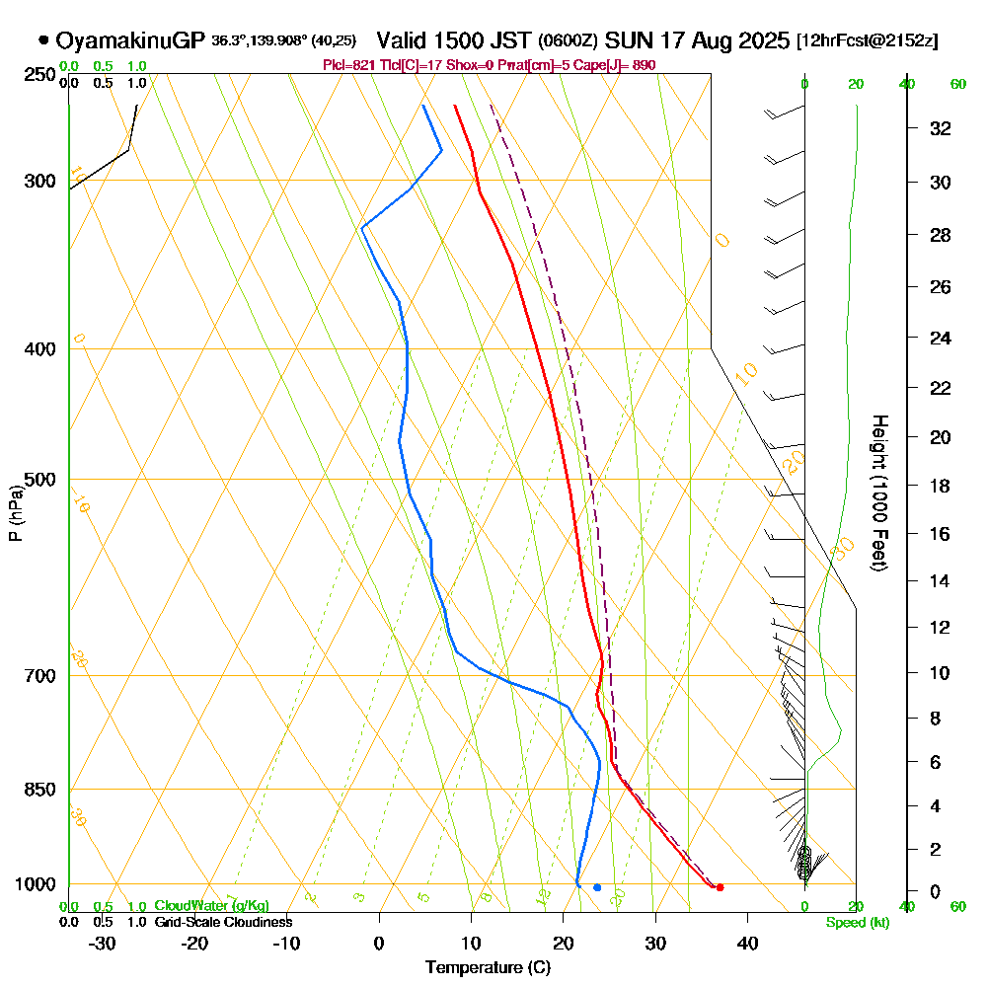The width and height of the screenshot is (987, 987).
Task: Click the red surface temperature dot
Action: click(x=720, y=887)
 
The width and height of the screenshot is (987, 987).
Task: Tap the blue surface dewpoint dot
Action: click(x=597, y=887)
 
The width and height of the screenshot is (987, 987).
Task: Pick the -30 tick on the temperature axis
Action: click(x=103, y=943)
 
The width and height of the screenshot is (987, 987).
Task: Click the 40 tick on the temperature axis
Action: click(x=747, y=943)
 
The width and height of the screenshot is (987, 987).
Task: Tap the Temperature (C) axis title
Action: click(x=488, y=967)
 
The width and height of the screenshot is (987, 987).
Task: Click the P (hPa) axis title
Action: click(x=15, y=513)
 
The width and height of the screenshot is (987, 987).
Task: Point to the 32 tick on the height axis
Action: click(x=940, y=128)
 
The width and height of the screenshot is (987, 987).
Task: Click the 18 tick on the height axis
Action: click(x=940, y=486)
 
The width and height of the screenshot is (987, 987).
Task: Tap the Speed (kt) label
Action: click(x=857, y=923)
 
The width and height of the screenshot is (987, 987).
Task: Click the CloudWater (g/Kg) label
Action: click(x=211, y=906)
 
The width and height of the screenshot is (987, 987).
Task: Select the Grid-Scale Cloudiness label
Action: click(x=223, y=922)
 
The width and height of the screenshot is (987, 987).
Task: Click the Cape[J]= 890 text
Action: click(x=622, y=65)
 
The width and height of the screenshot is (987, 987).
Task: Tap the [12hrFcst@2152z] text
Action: click(x=868, y=41)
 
